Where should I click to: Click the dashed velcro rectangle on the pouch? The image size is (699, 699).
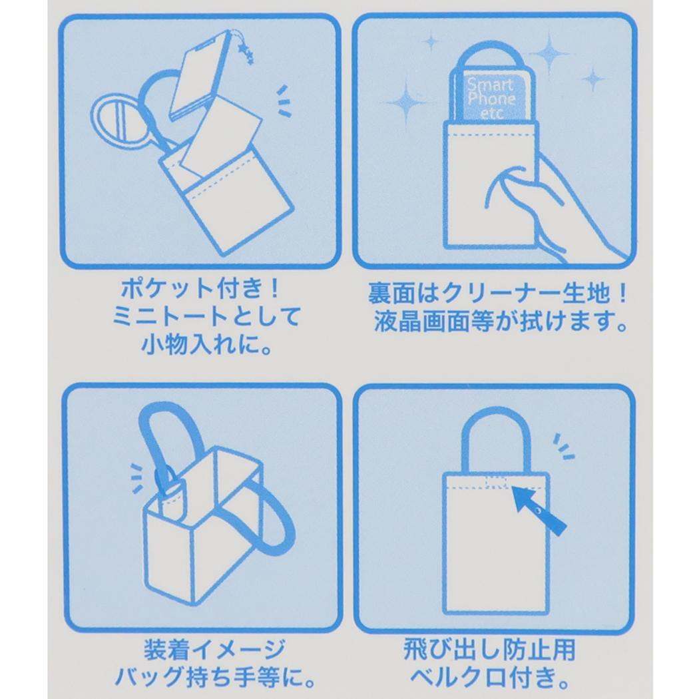click(x=495, y=482)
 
